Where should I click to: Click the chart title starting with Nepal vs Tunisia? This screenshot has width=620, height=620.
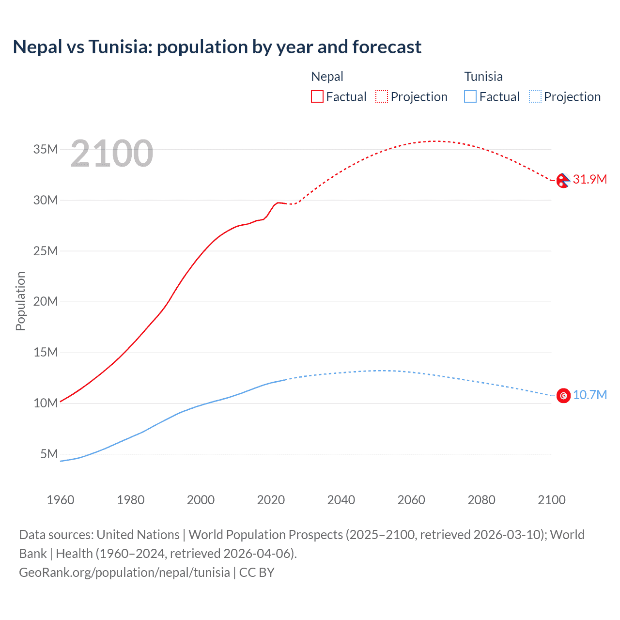217,47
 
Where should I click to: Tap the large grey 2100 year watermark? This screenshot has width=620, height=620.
112,154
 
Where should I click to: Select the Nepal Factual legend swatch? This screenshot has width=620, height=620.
317,96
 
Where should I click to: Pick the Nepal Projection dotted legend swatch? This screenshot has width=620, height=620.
382,96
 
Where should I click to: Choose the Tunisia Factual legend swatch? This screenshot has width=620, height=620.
470,96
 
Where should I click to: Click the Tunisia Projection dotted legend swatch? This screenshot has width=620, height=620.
535,96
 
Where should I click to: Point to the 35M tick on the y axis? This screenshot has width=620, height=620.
46,149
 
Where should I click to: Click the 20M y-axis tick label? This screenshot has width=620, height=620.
46,301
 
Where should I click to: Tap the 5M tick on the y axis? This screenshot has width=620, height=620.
49,454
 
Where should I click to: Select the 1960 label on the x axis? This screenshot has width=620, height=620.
61,500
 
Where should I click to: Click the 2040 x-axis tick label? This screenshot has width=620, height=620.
341,500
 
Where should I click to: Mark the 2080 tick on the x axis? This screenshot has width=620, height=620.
481,500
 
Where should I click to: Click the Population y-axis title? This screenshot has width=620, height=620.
20,301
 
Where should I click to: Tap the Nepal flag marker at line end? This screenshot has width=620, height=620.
563,181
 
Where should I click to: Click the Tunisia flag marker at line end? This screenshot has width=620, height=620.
563,396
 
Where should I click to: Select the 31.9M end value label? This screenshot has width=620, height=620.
589,179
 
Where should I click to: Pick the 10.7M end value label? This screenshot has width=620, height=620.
589,395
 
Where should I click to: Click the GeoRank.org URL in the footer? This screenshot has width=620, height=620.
124,573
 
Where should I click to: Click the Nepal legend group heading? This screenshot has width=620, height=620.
327,77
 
